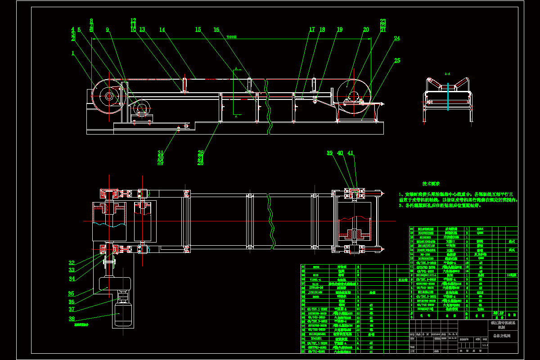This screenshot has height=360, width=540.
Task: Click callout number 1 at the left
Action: (72, 53)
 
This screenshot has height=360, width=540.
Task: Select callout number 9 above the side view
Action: (108, 30)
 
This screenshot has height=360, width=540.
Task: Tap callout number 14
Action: (162, 30)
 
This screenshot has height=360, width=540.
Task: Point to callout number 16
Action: (216, 30)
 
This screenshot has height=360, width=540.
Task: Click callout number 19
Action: (339, 30)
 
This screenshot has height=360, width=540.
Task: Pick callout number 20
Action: (366, 30)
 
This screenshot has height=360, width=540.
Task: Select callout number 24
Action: (397, 39)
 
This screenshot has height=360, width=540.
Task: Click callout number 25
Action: (397, 61)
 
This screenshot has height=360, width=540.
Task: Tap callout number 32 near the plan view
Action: (72, 263)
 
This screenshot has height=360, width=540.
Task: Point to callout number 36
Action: (72, 301)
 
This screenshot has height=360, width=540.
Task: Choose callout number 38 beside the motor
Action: (72, 319)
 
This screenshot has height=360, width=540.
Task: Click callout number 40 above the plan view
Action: (340, 153)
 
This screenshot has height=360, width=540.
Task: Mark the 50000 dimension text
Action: (231, 37)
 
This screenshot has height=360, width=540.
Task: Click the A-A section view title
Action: (447, 73)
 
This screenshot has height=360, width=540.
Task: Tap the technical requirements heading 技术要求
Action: (431, 184)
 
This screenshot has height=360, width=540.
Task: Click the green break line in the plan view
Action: (271, 219)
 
